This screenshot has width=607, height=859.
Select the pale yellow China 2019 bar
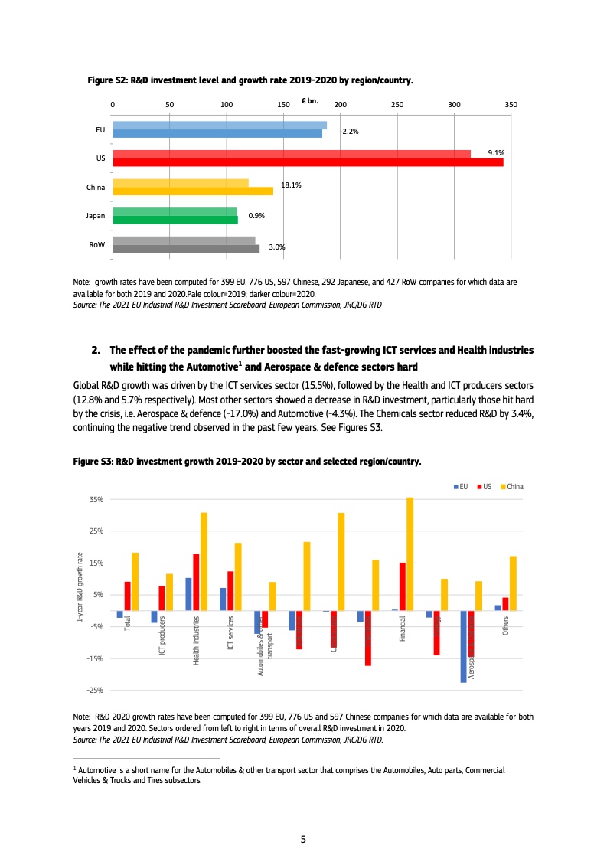180,182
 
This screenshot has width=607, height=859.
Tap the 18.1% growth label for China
291,185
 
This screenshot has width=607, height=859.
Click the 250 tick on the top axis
397,104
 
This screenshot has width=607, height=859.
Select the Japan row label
96,216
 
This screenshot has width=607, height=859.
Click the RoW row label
97,245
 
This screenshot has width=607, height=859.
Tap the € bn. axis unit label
310,101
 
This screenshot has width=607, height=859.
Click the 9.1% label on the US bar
496,153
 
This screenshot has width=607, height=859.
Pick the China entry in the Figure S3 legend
514,486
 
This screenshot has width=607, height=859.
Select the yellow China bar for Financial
410,554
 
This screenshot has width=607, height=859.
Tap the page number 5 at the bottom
303,840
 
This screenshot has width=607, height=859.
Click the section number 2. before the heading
96,350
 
